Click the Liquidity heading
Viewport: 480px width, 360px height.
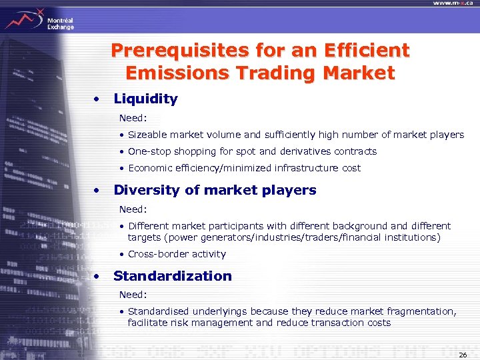click(x=145, y=99)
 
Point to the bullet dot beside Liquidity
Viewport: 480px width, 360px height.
click(x=98, y=99)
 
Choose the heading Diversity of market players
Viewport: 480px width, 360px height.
click(x=215, y=190)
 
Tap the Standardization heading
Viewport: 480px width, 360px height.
click(x=172, y=276)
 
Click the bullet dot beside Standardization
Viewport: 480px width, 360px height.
click(x=98, y=276)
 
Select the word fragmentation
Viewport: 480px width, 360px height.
click(x=420, y=311)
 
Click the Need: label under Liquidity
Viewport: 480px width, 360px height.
click(x=133, y=118)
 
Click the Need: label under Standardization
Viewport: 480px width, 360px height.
click(x=133, y=294)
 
